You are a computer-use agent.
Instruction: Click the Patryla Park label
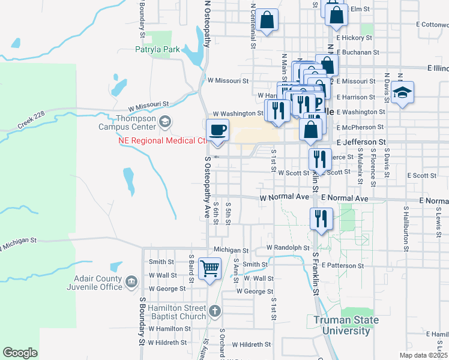coord(158,50)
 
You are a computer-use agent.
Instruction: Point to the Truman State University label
coord(346,325)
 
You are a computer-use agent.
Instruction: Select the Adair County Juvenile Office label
coord(98,283)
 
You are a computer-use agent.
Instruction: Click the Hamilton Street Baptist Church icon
coord(215,311)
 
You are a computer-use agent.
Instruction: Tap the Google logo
coord(20,353)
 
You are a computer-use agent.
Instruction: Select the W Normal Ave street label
coord(284,197)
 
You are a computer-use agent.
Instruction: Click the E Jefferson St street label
coord(360,142)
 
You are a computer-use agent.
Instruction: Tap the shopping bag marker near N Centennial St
coord(268,20)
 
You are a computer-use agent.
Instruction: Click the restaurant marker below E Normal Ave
coord(321,218)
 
